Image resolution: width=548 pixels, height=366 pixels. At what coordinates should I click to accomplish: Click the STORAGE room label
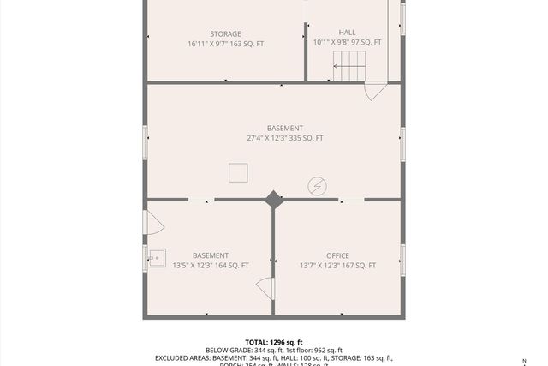tap(202, 34)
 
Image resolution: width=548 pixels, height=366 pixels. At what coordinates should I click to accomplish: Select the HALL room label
tap(347, 33)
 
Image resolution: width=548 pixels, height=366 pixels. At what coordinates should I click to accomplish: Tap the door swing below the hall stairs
tap(374, 90)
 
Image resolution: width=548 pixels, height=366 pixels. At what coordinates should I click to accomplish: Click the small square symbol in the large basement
tap(238, 173)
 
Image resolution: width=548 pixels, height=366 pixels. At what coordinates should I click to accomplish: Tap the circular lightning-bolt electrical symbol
tap(317, 185)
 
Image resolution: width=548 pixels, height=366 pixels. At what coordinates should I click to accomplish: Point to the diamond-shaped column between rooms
tap(273, 199)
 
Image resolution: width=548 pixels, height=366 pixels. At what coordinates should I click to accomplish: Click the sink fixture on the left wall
tap(155, 257)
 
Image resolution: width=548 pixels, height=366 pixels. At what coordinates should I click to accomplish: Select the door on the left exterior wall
tap(153, 223)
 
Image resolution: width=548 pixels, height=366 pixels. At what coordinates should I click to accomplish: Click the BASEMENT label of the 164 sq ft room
tap(211, 255)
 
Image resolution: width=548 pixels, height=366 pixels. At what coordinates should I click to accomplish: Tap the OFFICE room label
tap(337, 255)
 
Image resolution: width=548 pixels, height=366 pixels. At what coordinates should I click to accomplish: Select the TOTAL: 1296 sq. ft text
tap(273, 341)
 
